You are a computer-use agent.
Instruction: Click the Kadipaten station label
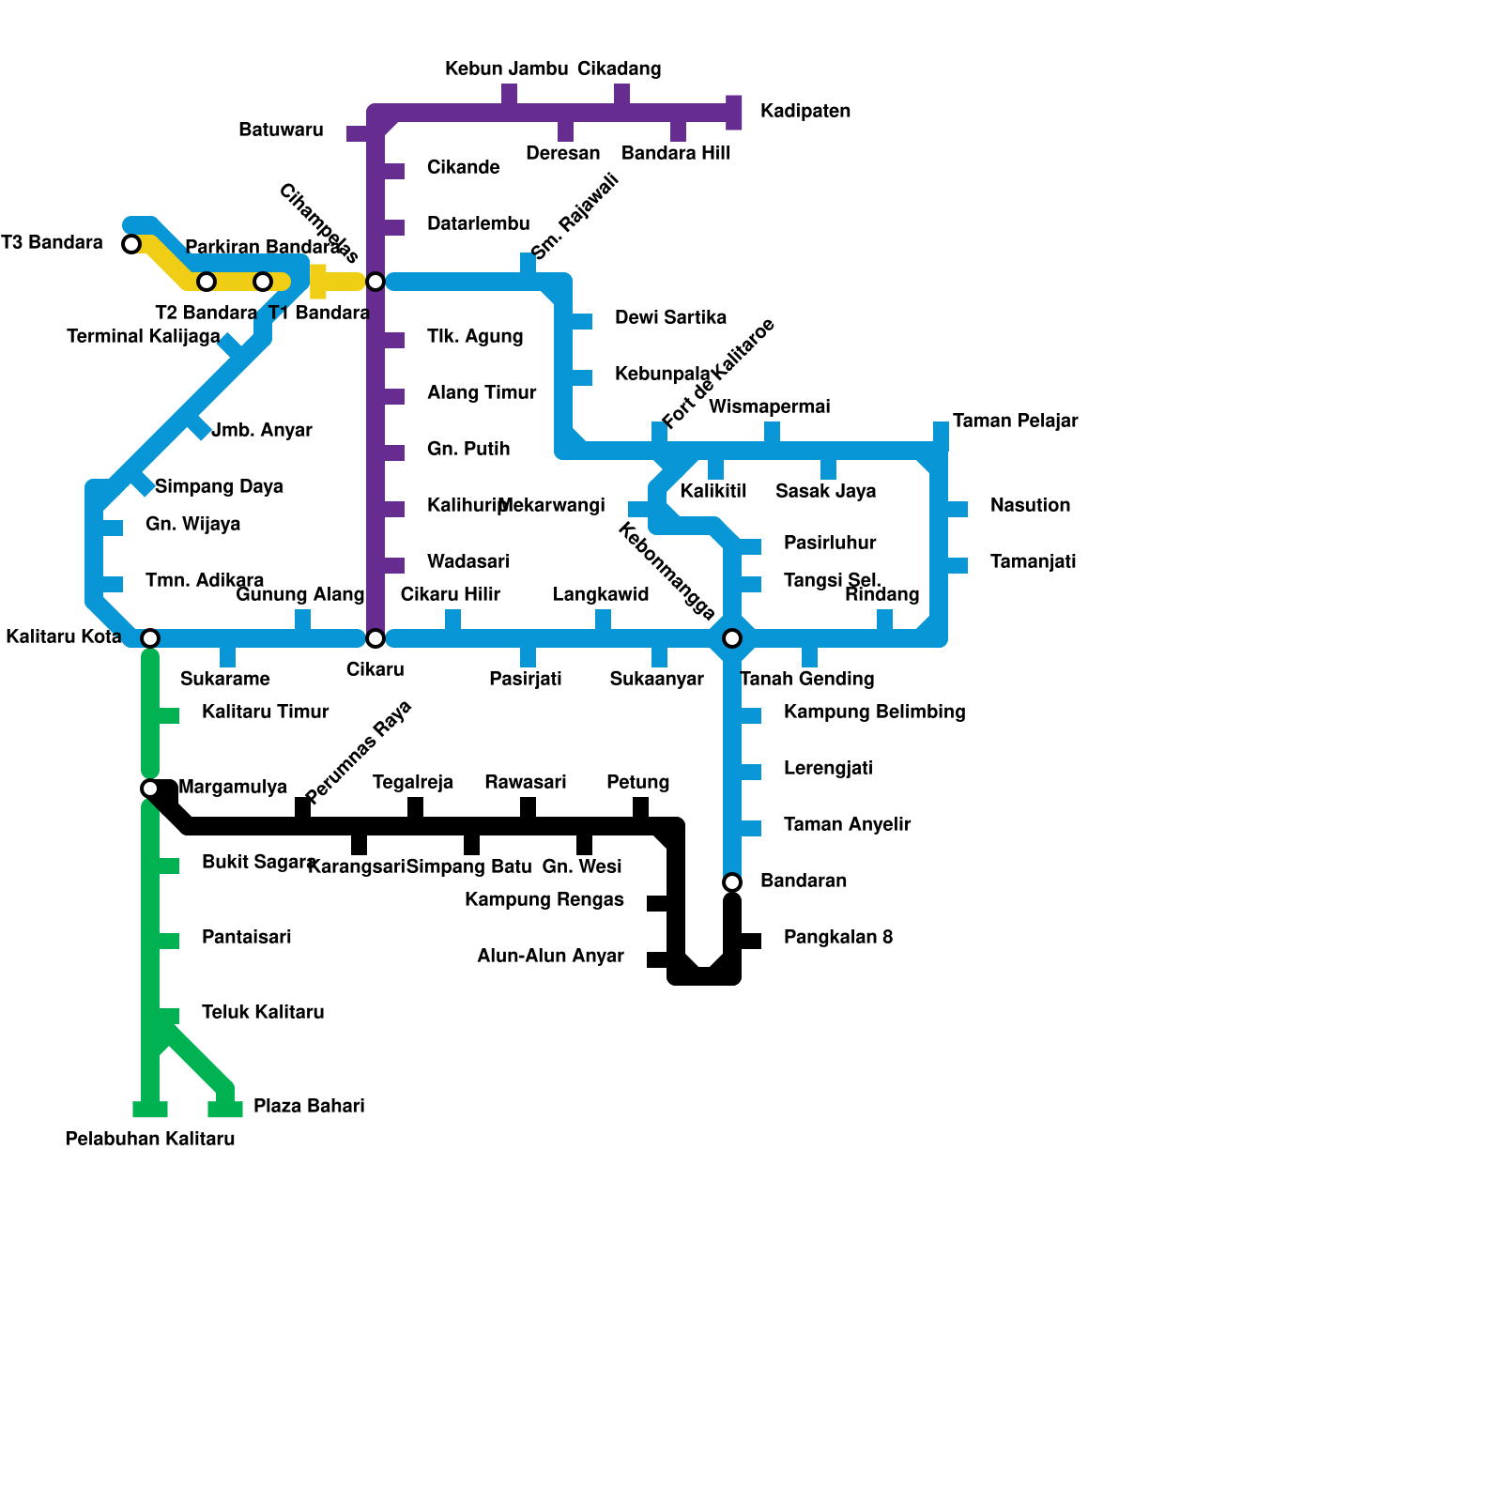[805, 112]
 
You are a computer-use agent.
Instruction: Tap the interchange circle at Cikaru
[375, 638]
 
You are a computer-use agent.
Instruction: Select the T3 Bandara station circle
[131, 244]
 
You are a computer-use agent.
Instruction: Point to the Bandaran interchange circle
[732, 882]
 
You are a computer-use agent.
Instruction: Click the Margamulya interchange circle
[150, 788]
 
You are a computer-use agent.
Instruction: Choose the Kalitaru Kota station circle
[150, 638]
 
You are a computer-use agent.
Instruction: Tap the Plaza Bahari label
[309, 1106]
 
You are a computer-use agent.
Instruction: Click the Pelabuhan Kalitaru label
[150, 1139]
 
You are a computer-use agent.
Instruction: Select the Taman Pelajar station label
[1015, 421]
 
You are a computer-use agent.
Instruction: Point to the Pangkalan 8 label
[837, 937]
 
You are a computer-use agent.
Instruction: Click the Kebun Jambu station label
[506, 69]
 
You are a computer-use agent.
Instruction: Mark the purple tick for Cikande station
[393, 171]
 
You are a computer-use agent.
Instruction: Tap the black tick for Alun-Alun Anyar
[658, 959]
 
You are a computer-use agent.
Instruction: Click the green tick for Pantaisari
[168, 941]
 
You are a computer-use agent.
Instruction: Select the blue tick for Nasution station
[957, 509]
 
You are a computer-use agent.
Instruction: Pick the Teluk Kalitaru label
[263, 1012]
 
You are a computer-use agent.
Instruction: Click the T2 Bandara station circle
[207, 282]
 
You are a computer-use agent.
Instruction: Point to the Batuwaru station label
[281, 130]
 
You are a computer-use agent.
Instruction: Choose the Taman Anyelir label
[847, 824]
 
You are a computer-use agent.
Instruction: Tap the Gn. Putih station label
[468, 449]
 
